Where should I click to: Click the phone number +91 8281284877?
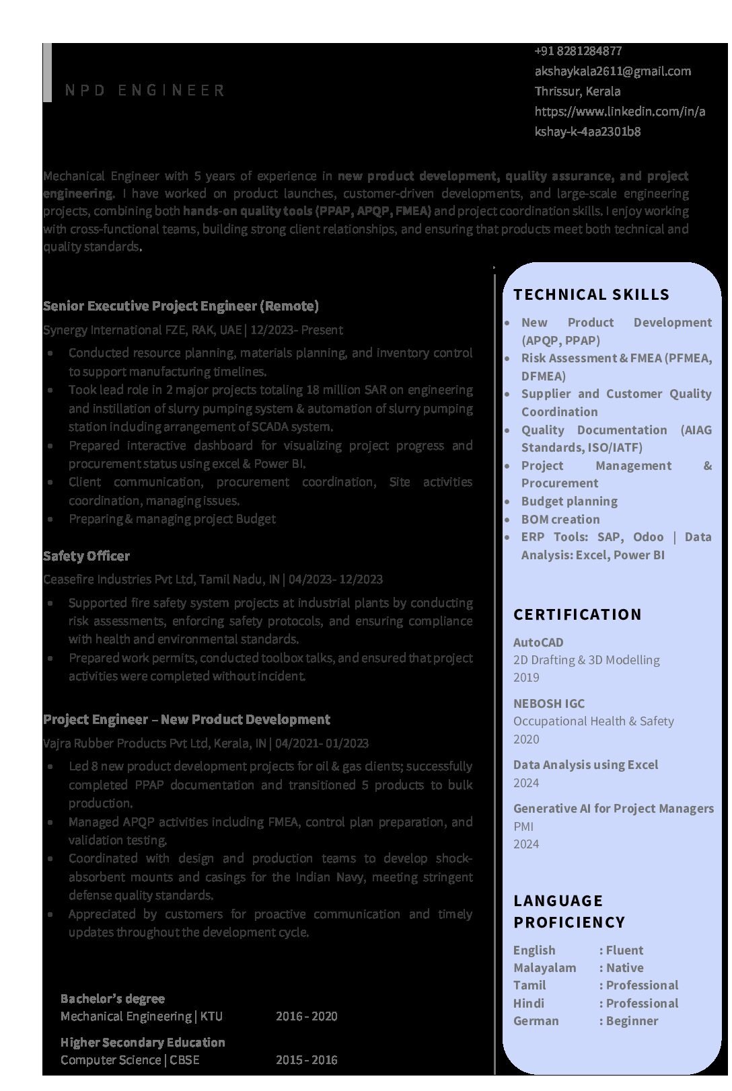pos(578,51)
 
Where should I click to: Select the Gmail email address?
pos(612,71)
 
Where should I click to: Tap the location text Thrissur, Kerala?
pos(577,91)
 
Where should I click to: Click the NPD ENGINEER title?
pos(145,91)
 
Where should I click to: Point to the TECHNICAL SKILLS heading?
pos(591,294)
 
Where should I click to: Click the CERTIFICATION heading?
pos(577,614)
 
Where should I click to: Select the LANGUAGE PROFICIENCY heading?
pos(569,912)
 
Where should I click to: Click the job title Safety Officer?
pos(86,556)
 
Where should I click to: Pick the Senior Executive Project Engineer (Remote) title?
pos(180,307)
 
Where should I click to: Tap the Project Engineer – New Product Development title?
pos(186,720)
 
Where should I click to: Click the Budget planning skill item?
pos(569,501)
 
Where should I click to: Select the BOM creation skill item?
pos(560,520)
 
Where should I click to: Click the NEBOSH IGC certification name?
pos(548,704)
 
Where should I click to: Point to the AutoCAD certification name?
pos(538,643)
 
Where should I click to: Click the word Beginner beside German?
pos(632,1021)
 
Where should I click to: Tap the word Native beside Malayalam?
pos(624,968)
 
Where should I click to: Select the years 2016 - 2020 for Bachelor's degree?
pos(306,1016)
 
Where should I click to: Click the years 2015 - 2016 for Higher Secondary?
pos(306,1060)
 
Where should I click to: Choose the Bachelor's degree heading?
pos(112,999)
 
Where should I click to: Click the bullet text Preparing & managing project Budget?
pos(172,519)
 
